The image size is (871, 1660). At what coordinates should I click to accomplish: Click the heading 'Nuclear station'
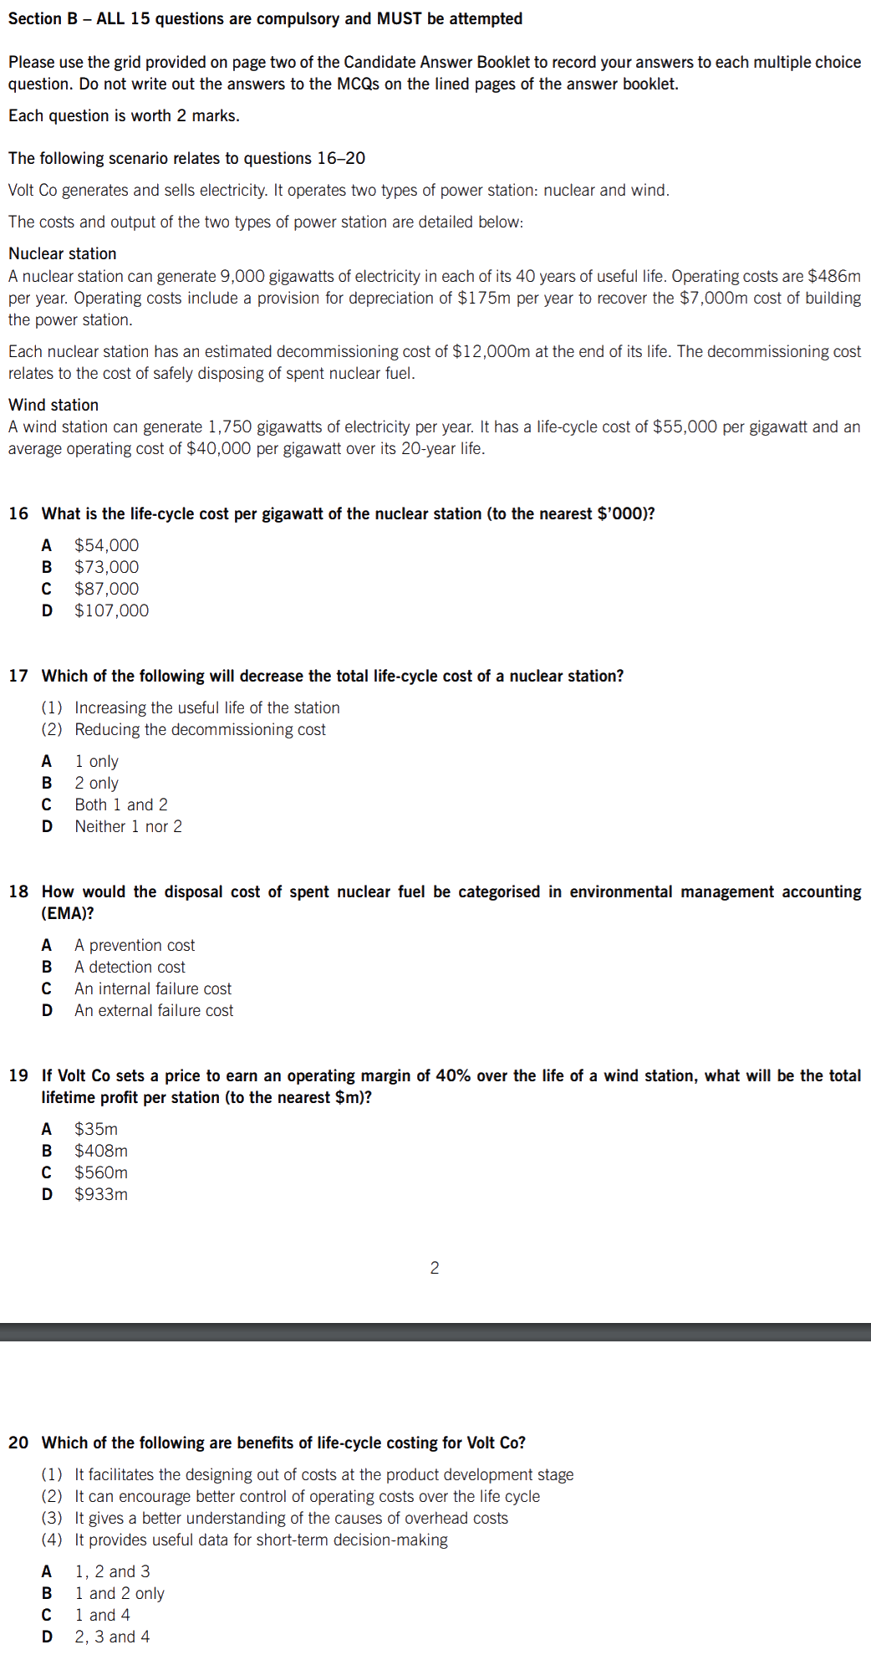(x=63, y=253)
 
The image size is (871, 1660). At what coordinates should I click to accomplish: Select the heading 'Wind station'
(x=53, y=405)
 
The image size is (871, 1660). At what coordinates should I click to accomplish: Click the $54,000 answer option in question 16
(x=106, y=545)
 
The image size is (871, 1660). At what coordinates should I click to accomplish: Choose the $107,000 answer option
(x=111, y=610)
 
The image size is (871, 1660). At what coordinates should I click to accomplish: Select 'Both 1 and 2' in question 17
(x=121, y=804)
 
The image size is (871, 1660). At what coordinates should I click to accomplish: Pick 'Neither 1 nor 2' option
(x=128, y=826)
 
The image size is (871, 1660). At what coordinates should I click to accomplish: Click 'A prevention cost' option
(x=135, y=945)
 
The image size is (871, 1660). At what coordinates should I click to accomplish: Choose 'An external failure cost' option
(x=154, y=1010)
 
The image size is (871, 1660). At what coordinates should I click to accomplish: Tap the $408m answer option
(x=101, y=1151)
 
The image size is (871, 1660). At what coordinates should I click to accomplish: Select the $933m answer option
(x=101, y=1194)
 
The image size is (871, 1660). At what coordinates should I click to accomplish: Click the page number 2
(x=435, y=1268)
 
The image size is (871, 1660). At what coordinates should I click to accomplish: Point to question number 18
(x=18, y=891)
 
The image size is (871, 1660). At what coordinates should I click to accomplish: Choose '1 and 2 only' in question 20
(x=120, y=1593)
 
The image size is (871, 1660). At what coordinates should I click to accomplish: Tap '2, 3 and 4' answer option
(x=112, y=1637)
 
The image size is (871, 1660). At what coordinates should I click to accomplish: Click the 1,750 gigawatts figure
(x=229, y=426)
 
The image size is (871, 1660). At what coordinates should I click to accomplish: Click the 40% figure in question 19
(x=452, y=1075)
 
